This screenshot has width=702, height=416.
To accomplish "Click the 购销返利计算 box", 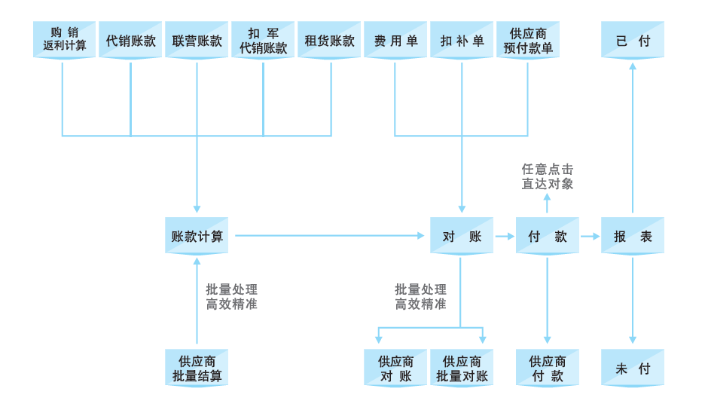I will click(x=64, y=41).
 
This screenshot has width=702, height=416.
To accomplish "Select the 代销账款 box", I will click(x=130, y=41).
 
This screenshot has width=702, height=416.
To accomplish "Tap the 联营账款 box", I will click(x=197, y=41).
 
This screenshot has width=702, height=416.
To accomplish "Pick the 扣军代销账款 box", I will click(x=263, y=41).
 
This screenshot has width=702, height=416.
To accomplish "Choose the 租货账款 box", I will click(x=329, y=41).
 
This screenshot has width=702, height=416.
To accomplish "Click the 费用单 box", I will click(x=395, y=41).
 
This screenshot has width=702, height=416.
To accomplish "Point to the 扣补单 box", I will click(x=462, y=41).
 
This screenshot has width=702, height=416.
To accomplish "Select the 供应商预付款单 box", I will click(x=528, y=41).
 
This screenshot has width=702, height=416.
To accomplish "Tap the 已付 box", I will click(x=633, y=41).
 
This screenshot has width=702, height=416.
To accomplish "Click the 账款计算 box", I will click(x=197, y=236).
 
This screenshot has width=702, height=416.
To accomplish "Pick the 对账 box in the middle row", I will click(x=462, y=236).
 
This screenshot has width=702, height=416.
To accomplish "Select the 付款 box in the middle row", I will click(x=548, y=236).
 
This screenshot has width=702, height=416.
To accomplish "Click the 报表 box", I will click(x=633, y=236).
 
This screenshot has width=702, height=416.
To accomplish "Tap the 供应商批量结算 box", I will click(x=197, y=368).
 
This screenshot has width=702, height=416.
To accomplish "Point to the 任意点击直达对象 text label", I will click(x=548, y=176).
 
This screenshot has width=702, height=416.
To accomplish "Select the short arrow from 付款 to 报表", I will click(x=590, y=236).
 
